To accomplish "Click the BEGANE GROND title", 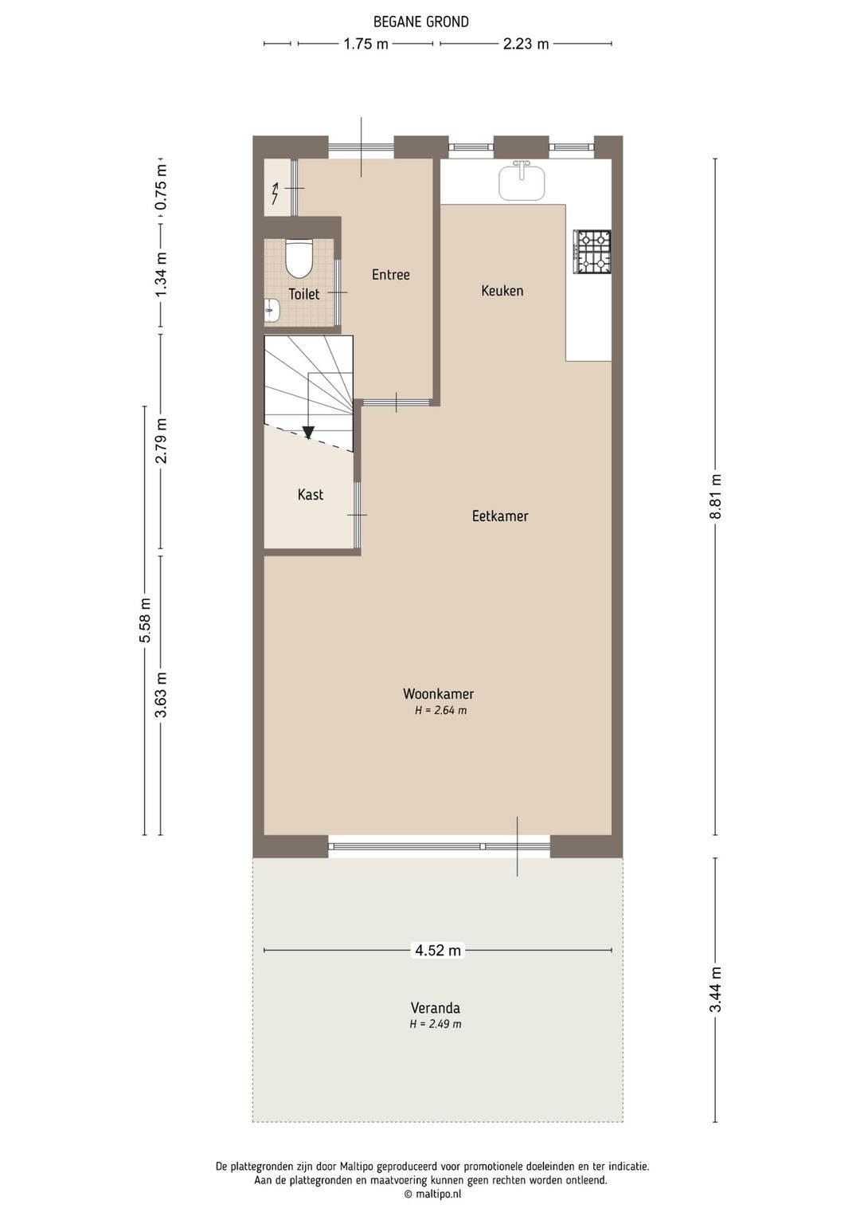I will tap(420, 22).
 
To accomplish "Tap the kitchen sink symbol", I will tap(522, 182).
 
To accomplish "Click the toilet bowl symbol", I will tap(299, 257).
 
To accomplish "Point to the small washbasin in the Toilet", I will tap(272, 309).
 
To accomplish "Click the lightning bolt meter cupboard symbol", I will tap(275, 193).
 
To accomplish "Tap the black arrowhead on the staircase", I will tap(308, 433).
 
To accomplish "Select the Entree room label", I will tap(390, 275).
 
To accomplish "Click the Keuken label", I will tap(502, 291).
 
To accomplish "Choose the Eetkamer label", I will tap(499, 516).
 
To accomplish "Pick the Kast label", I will tap(310, 495).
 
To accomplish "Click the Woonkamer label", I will tap(438, 694).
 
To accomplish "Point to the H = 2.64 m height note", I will tap(440, 711).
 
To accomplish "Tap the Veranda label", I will tap(435, 1008).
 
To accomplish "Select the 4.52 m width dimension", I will tap(437, 950).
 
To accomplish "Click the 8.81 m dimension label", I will tap(716, 496).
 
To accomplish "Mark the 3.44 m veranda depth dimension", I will tap(716, 989).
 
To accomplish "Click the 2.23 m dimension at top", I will tap(526, 44).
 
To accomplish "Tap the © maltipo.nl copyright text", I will tap(432, 1194).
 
